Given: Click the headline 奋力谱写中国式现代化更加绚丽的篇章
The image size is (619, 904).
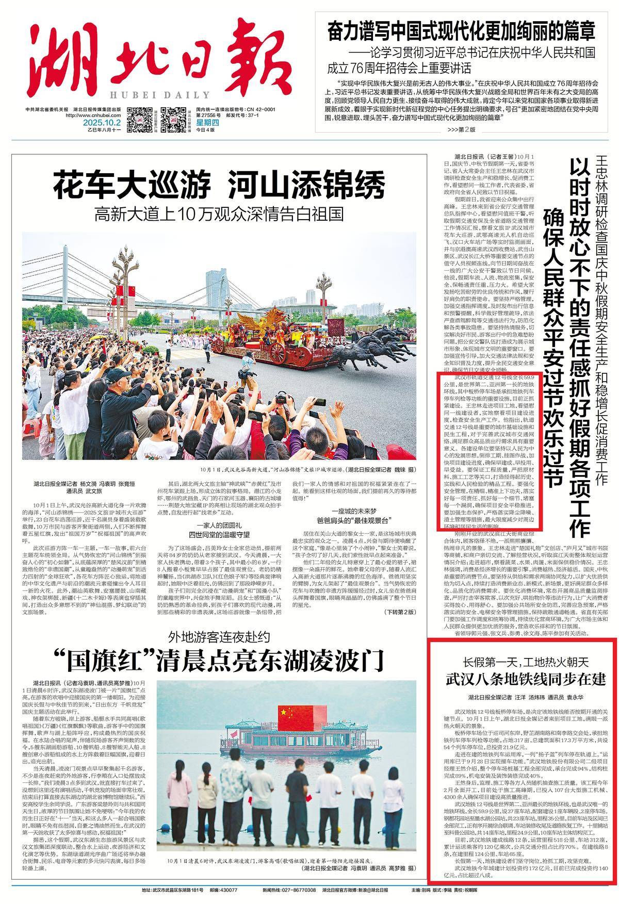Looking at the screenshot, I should pyautogui.click(x=462, y=31).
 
